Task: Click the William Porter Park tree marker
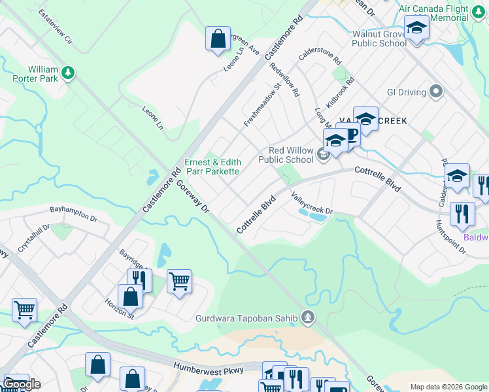[x=68, y=71]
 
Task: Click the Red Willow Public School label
[x=285, y=155]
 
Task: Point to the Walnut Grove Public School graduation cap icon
[x=416, y=29]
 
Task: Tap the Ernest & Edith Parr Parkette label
[x=212, y=167]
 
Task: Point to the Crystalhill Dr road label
[x=33, y=240]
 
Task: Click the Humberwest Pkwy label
[x=218, y=370]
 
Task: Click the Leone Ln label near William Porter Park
[x=153, y=118]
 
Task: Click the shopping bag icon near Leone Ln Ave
[x=218, y=39]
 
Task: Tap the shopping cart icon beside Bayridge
[x=179, y=282]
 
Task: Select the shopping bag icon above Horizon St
[x=131, y=297]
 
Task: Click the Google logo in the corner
[x=22, y=384]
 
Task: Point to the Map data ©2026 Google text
[x=448, y=387]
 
